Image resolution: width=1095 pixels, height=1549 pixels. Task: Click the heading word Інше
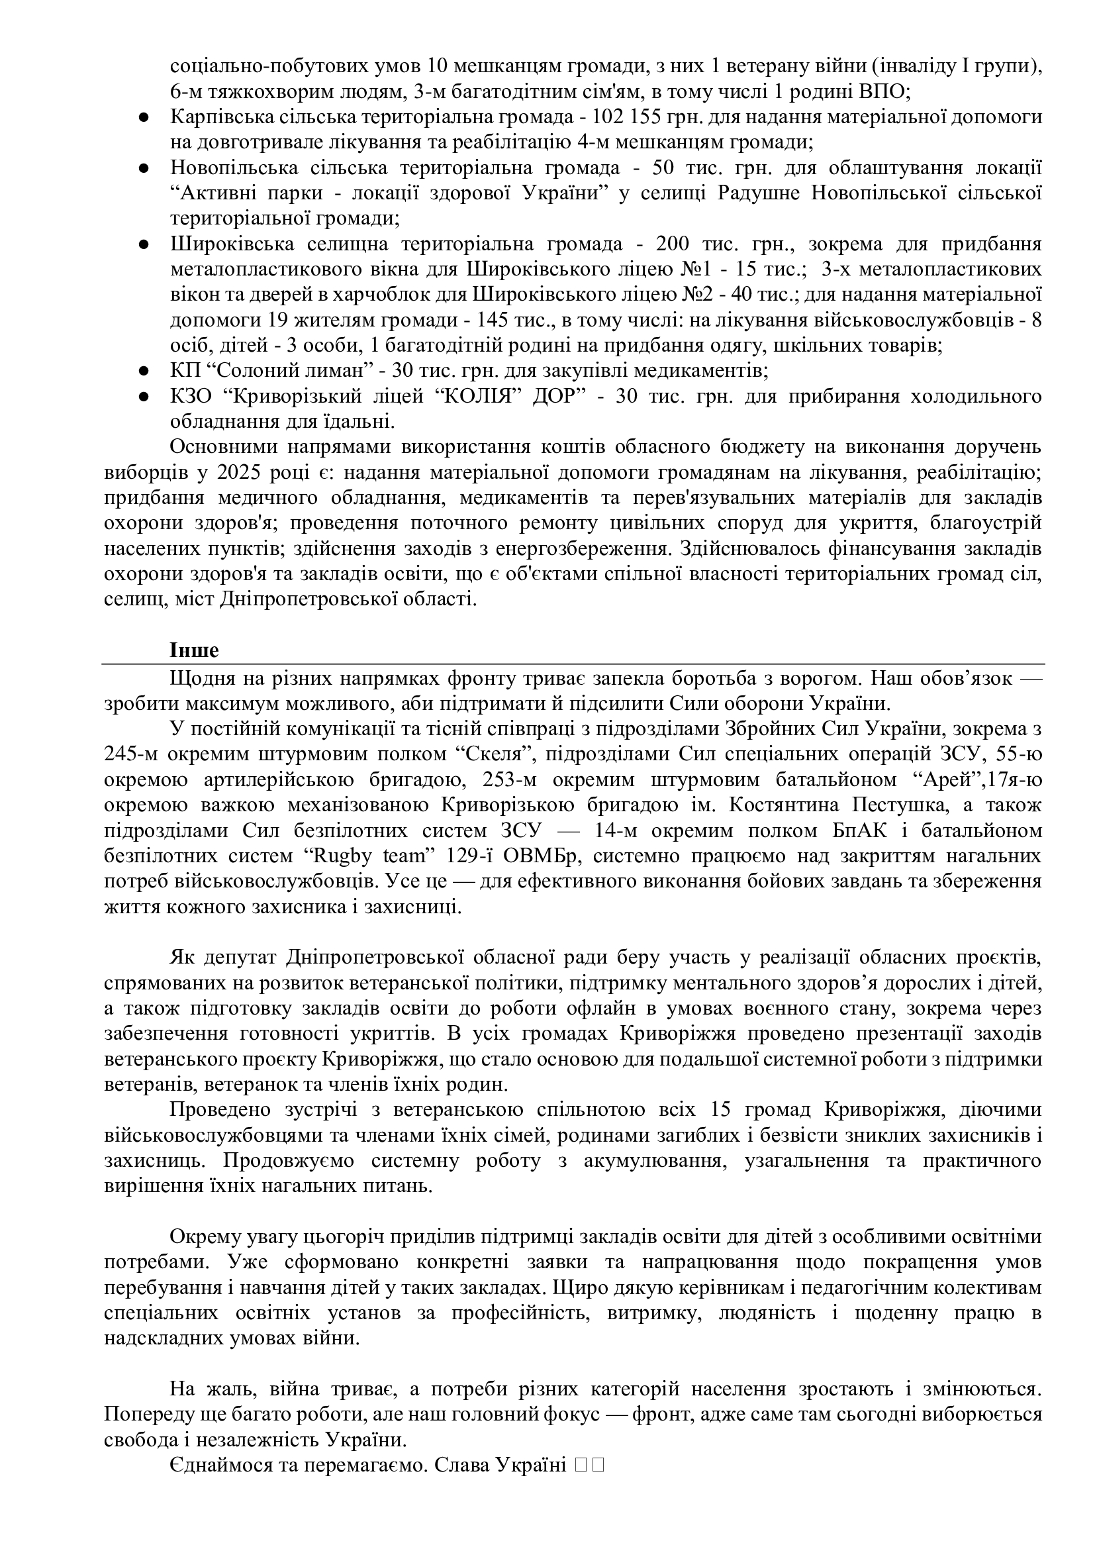194,650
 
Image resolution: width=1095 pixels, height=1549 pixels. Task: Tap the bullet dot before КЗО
143,397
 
